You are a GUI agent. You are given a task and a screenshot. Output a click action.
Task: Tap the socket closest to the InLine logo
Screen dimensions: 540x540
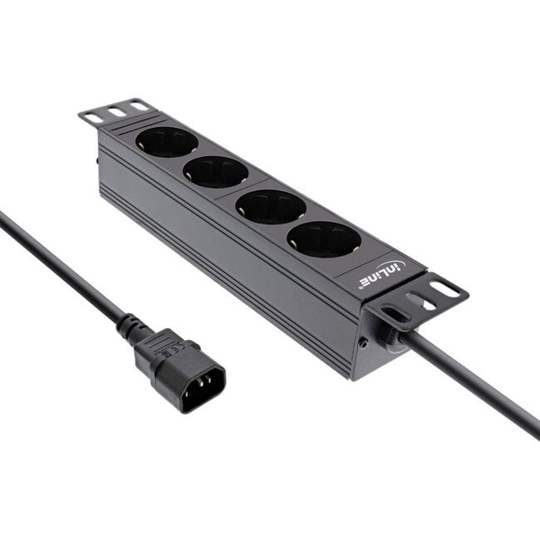pyautogui.click(x=324, y=239)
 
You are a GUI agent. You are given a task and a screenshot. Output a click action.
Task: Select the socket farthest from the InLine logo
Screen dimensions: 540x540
pyautogui.click(x=167, y=142)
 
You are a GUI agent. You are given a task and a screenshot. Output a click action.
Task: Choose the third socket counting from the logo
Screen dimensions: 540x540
pyautogui.click(x=215, y=172)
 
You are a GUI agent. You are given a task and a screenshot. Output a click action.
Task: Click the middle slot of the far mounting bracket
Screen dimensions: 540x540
pyautogui.click(x=116, y=111)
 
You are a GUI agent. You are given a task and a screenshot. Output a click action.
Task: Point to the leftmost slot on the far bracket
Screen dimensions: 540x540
pyautogui.click(x=94, y=117)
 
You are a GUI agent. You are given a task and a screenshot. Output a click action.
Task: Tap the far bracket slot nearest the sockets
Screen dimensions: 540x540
pyautogui.click(x=138, y=106)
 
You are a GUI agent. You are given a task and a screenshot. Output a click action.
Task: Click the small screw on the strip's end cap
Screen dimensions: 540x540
pyautogui.click(x=363, y=341)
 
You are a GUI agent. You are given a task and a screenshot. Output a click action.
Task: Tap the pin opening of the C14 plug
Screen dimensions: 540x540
pyautogui.click(x=202, y=388)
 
